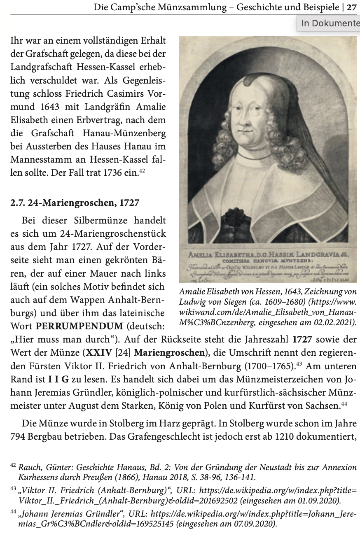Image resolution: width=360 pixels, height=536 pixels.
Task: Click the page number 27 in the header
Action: (352, 7)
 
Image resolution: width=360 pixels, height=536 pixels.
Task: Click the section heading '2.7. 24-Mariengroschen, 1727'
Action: (75, 203)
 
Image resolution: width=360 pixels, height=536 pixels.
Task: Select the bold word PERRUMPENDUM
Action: (79, 326)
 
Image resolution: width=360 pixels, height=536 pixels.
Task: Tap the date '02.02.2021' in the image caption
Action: (333, 322)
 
